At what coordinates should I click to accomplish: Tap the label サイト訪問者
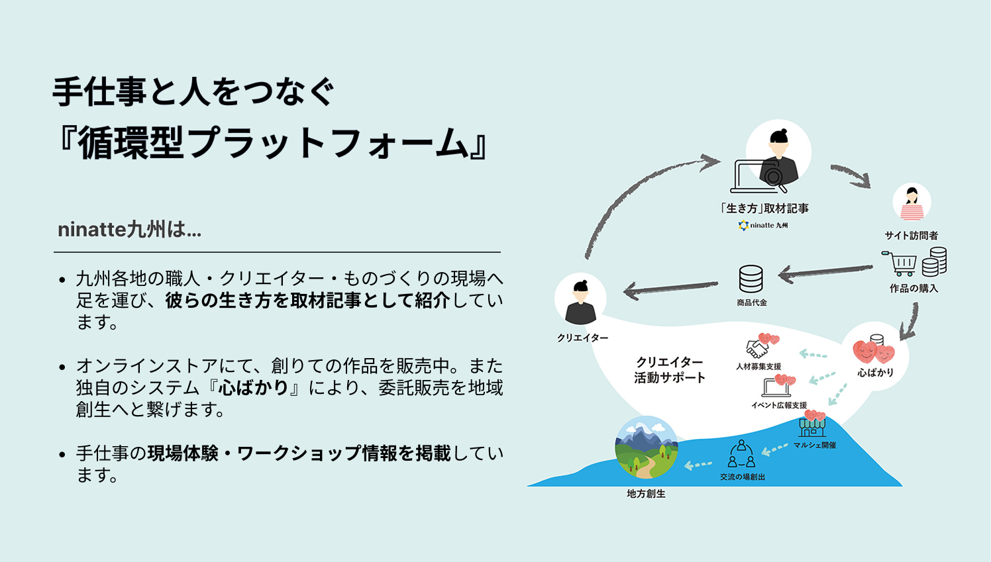point(912,236)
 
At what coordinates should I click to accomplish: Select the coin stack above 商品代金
point(751,279)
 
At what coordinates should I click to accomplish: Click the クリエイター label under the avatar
point(582,338)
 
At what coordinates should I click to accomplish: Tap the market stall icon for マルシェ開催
point(812,427)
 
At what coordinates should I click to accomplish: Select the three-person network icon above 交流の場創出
point(741,454)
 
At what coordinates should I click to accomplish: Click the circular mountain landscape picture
point(647,447)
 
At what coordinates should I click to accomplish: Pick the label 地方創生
point(646,494)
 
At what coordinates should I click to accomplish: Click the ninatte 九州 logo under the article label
point(762,226)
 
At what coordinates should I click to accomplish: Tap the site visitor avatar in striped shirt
point(912,202)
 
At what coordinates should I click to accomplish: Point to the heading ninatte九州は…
point(130,230)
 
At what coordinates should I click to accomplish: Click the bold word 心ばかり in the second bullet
point(253,388)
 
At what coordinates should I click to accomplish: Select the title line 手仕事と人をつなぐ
point(193,92)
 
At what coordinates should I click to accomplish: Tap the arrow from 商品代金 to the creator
point(670,289)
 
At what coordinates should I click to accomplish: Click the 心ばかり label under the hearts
point(876,373)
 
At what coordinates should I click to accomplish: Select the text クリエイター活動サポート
point(669,370)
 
